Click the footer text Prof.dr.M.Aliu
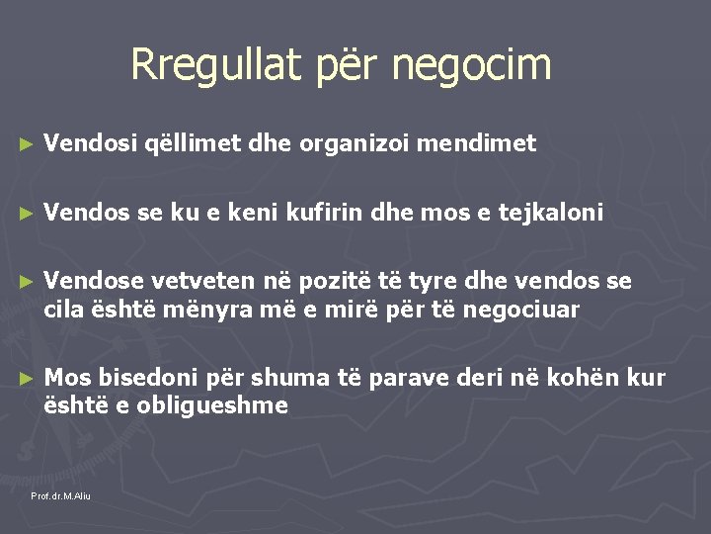[60, 495]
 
